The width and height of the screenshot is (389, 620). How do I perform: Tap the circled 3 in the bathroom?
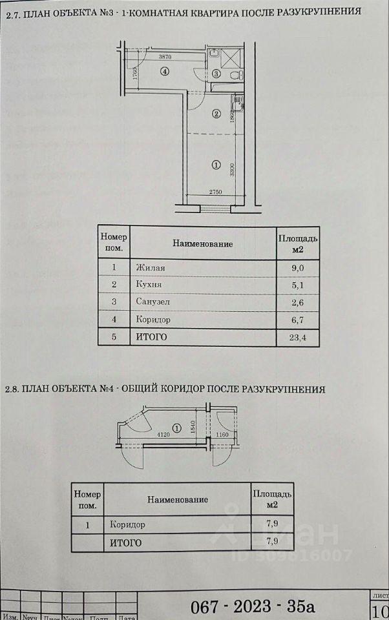point(216,74)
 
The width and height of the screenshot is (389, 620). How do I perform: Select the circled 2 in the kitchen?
point(216,114)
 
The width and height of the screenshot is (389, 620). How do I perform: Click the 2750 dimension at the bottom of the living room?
point(215,192)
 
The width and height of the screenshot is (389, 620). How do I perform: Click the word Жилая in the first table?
point(147,267)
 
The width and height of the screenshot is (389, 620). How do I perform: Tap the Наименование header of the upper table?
point(202,243)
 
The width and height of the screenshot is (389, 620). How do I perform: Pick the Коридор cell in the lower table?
point(127,524)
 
